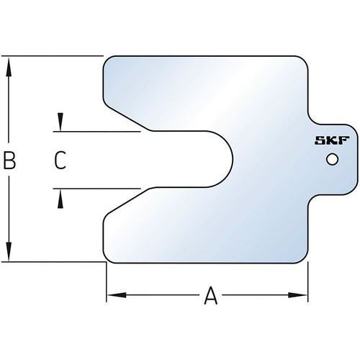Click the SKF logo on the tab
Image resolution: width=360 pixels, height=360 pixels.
(332, 140)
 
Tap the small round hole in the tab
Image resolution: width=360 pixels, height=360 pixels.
(333, 159)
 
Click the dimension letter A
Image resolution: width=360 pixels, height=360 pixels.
(211, 295)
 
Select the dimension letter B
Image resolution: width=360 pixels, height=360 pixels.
(9, 160)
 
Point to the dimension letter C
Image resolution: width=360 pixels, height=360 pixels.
(60, 160)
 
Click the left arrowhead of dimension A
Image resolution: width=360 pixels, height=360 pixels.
(117, 295)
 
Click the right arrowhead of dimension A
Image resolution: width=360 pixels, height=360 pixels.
(298, 295)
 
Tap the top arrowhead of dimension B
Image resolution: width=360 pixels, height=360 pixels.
(9, 66)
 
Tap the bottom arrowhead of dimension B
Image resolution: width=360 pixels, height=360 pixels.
(9, 251)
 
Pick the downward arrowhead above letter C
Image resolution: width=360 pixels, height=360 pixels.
(60, 122)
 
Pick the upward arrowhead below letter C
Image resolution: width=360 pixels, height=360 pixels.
(60, 199)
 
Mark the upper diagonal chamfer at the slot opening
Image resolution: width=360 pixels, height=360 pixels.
(127, 117)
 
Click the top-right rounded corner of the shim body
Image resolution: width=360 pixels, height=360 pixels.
(304, 60)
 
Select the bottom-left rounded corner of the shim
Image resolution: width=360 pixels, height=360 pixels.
(107, 259)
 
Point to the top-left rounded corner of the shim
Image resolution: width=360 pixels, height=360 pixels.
(107, 60)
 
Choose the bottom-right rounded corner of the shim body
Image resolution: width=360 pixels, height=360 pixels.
(304, 259)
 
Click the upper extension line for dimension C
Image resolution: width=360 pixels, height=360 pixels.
(96, 132)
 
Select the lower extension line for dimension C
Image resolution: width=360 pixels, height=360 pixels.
(96, 189)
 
